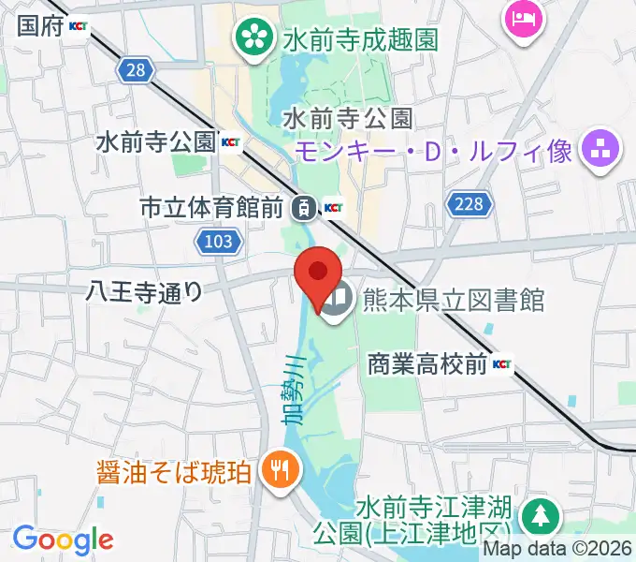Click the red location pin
coord(317,274)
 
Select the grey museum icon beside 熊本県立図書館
coord(338,301)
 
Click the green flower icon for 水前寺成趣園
coord(252,38)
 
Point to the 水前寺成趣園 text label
coord(361,39)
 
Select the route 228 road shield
coord(470,203)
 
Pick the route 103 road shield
coord(219,243)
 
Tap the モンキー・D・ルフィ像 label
coord(435,150)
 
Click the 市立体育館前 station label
coord(210,208)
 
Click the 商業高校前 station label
coord(427,364)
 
